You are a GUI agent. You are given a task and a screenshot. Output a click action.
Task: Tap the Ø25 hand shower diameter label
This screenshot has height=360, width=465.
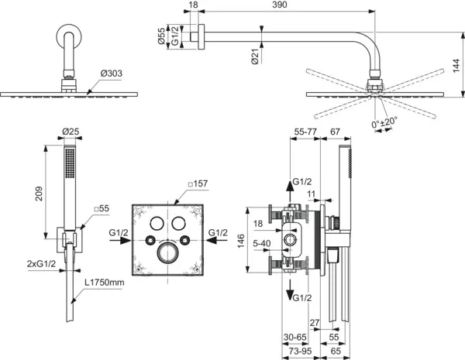pos(71,133)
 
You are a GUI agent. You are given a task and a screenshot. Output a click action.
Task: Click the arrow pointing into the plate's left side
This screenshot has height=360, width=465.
pos(126,241)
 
